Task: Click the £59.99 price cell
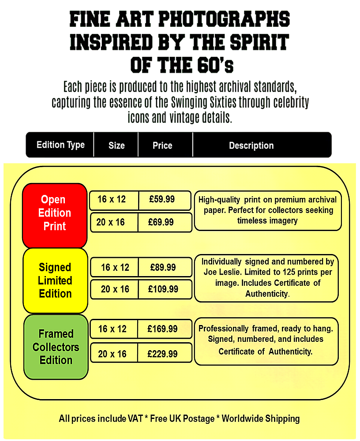tap(165, 200)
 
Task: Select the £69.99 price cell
tap(165, 222)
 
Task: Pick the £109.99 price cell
tap(165, 289)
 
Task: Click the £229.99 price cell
tap(165, 353)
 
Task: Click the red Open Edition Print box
tap(55, 216)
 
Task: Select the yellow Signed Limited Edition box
tap(55, 280)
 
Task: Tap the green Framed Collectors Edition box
tap(56, 347)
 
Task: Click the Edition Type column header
tap(60, 145)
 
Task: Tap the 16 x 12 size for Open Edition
tap(112, 199)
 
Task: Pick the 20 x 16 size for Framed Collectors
tap(112, 354)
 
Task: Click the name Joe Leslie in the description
tap(223, 272)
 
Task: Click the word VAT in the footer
tap(135, 419)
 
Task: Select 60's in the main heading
tap(215, 65)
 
